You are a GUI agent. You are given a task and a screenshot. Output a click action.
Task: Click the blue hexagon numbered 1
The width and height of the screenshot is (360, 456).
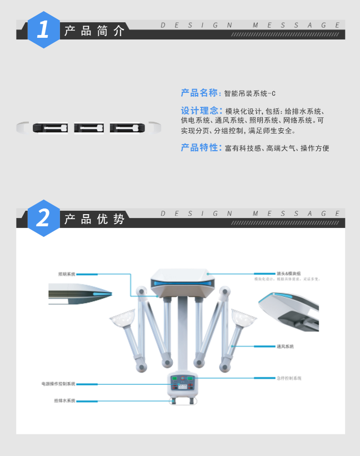43,29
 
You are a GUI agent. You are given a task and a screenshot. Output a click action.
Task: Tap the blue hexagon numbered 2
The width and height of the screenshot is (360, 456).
43,217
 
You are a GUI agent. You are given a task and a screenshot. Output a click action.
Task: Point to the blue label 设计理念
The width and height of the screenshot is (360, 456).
201,110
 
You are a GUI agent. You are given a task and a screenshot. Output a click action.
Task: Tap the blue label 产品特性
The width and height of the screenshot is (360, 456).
201,148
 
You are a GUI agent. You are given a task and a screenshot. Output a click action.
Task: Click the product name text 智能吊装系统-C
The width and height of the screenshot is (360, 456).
250,93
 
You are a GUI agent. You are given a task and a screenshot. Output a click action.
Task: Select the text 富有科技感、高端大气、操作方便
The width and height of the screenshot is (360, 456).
277,148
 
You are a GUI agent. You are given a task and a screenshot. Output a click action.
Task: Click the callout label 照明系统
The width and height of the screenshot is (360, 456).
67,274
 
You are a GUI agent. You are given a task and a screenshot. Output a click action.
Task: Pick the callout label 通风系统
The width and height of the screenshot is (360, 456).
284,346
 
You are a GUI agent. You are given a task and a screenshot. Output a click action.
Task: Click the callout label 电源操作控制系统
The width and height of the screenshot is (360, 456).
58,384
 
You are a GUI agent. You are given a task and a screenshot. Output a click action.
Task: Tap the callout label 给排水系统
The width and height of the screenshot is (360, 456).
64,400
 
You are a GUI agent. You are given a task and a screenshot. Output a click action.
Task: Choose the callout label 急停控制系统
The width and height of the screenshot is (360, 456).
289,378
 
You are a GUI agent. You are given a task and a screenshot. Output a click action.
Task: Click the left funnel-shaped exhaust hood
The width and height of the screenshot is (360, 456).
123,319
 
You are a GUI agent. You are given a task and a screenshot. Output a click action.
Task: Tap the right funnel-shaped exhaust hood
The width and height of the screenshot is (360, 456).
242,319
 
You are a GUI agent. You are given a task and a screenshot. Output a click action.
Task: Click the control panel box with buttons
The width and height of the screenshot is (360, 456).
183,384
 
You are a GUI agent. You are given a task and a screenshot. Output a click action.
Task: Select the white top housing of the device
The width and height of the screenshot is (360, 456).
182,281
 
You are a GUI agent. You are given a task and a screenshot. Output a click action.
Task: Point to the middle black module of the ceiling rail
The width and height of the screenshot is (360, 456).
89,128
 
